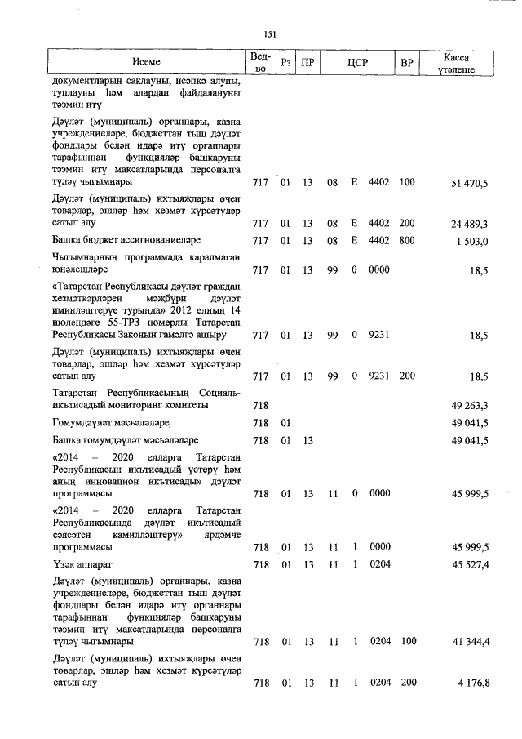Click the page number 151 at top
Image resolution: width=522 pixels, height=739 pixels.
(x=270, y=33)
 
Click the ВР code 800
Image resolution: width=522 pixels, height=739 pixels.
(x=407, y=240)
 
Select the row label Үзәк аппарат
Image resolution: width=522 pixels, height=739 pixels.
(x=82, y=564)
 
